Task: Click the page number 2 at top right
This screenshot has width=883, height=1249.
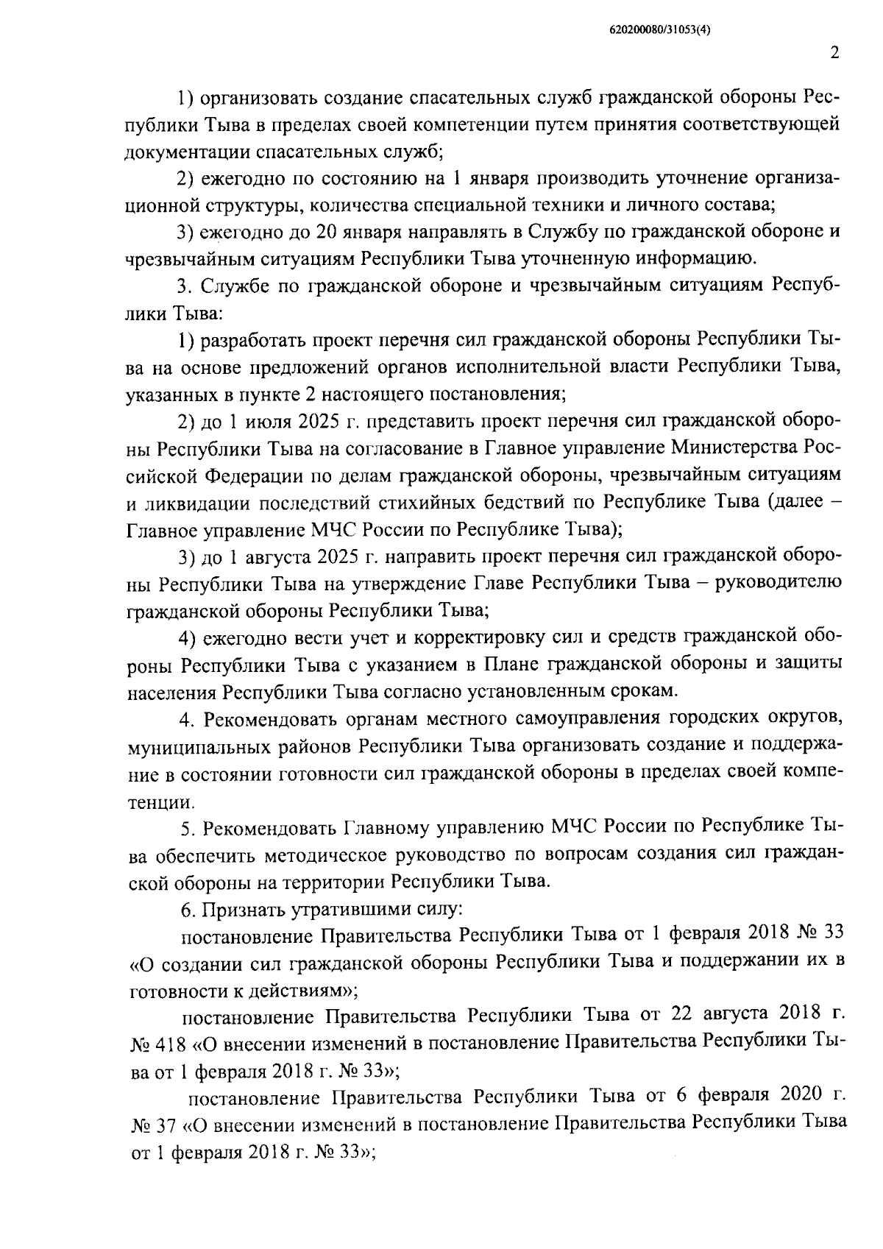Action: click(x=834, y=54)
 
